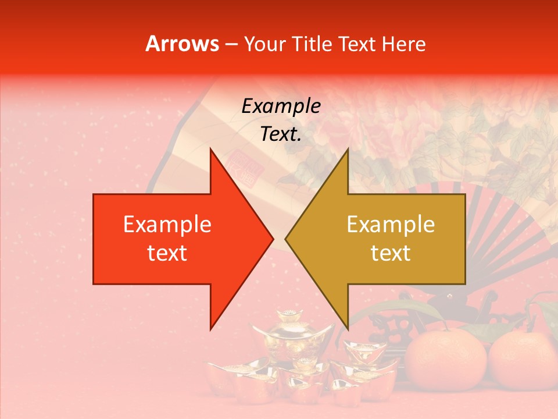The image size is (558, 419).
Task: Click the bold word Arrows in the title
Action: [x=182, y=44]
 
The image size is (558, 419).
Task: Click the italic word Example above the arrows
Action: [x=281, y=106]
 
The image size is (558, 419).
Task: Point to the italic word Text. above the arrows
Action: [x=281, y=134]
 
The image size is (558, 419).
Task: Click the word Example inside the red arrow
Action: [x=167, y=225]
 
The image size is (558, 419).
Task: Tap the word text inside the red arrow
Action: [x=167, y=253]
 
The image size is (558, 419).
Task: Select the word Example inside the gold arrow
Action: [x=391, y=225]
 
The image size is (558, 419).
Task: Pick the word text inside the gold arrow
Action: [x=391, y=253]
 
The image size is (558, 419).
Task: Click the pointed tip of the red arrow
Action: [x=273, y=239]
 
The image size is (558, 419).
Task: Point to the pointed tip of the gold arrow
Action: [x=286, y=239]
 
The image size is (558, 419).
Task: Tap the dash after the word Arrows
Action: [x=231, y=44]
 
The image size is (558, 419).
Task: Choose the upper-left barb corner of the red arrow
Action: [x=210, y=149]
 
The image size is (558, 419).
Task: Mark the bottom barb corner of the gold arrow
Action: [x=348, y=329]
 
